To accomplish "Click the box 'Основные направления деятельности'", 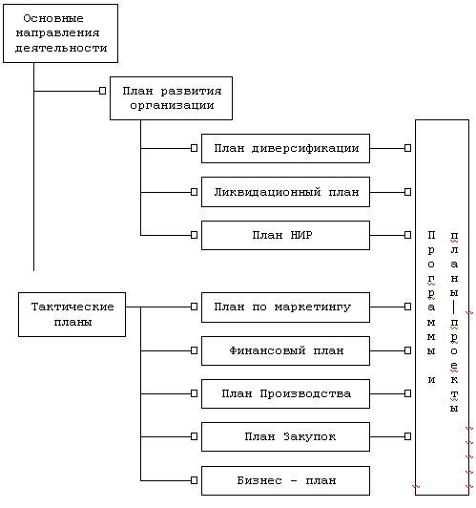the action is (60, 33).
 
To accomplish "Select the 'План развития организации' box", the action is (171, 98).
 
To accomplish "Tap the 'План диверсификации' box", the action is (286, 148).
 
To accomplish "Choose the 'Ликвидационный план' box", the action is (286, 192).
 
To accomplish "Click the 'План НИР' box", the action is (286, 235).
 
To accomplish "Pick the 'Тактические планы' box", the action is (72, 314).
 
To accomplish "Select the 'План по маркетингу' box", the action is (286, 307).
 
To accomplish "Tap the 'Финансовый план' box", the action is (286, 350).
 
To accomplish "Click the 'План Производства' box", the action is (286, 394).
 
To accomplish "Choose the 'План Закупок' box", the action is (286, 436).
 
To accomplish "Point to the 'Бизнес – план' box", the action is (286, 481).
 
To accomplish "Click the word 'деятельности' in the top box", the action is (61, 48).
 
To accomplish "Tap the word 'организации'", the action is (172, 106).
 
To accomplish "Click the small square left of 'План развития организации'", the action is (102, 91).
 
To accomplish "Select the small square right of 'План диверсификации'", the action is (407, 148).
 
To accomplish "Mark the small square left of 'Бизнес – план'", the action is (194, 480).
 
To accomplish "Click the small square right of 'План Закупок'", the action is (407, 436).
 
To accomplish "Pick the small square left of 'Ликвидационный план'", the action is (194, 192).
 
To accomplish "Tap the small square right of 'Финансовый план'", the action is (407, 350).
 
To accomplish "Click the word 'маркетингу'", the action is (313, 307).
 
